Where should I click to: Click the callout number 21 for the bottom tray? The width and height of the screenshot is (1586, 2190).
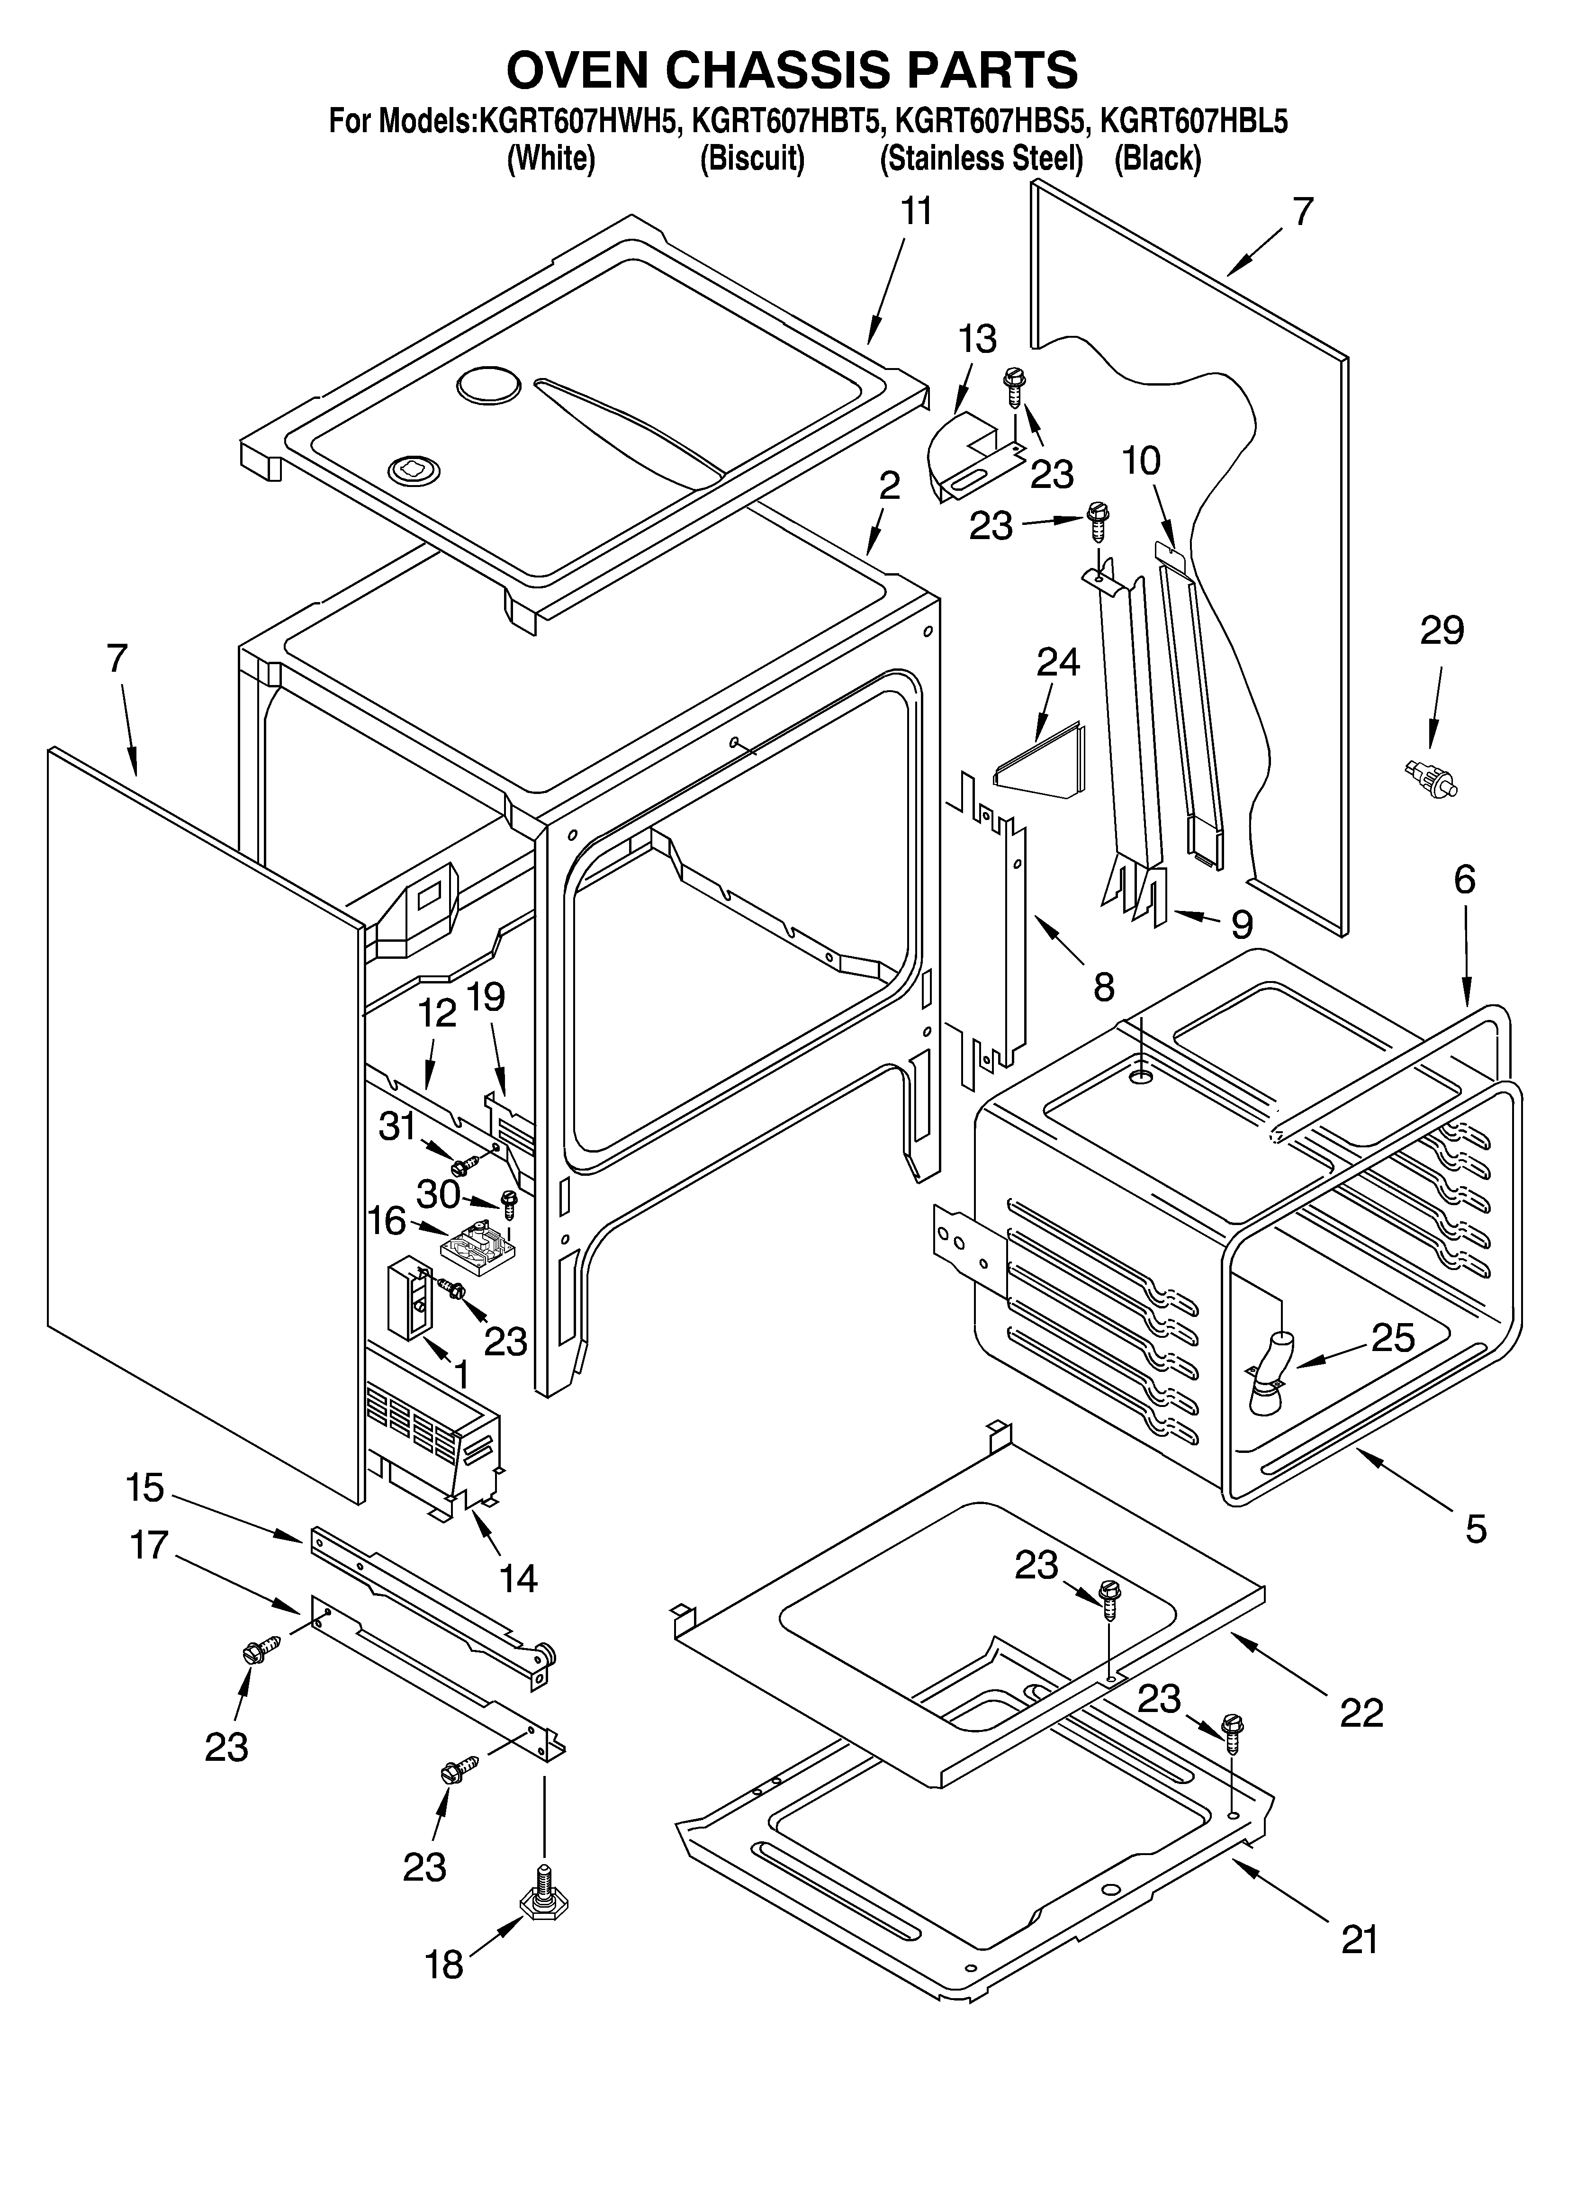tap(1360, 1938)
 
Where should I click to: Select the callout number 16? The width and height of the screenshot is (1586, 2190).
tap(387, 1220)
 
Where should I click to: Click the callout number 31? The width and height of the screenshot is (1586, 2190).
tap(397, 1126)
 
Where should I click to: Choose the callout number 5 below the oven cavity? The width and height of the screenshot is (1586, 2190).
tap(1475, 1529)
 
